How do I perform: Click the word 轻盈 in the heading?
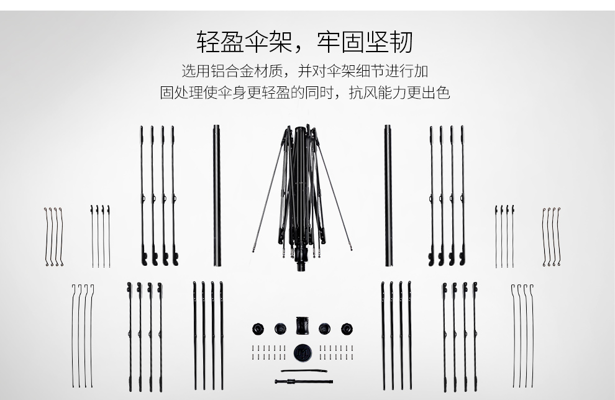click(221, 42)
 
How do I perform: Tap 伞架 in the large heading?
click(268, 42)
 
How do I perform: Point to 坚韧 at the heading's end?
click(389, 42)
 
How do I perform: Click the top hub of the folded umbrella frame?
click(301, 130)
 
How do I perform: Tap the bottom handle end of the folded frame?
click(301, 266)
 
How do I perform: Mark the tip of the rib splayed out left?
click(254, 250)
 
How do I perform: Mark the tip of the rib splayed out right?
click(350, 248)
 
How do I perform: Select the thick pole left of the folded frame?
click(217, 195)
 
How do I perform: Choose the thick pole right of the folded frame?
click(388, 195)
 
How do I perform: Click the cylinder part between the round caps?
click(302, 325)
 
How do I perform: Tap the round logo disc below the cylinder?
click(303, 353)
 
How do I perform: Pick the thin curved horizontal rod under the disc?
click(304, 371)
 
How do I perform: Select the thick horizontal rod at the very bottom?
click(304, 381)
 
